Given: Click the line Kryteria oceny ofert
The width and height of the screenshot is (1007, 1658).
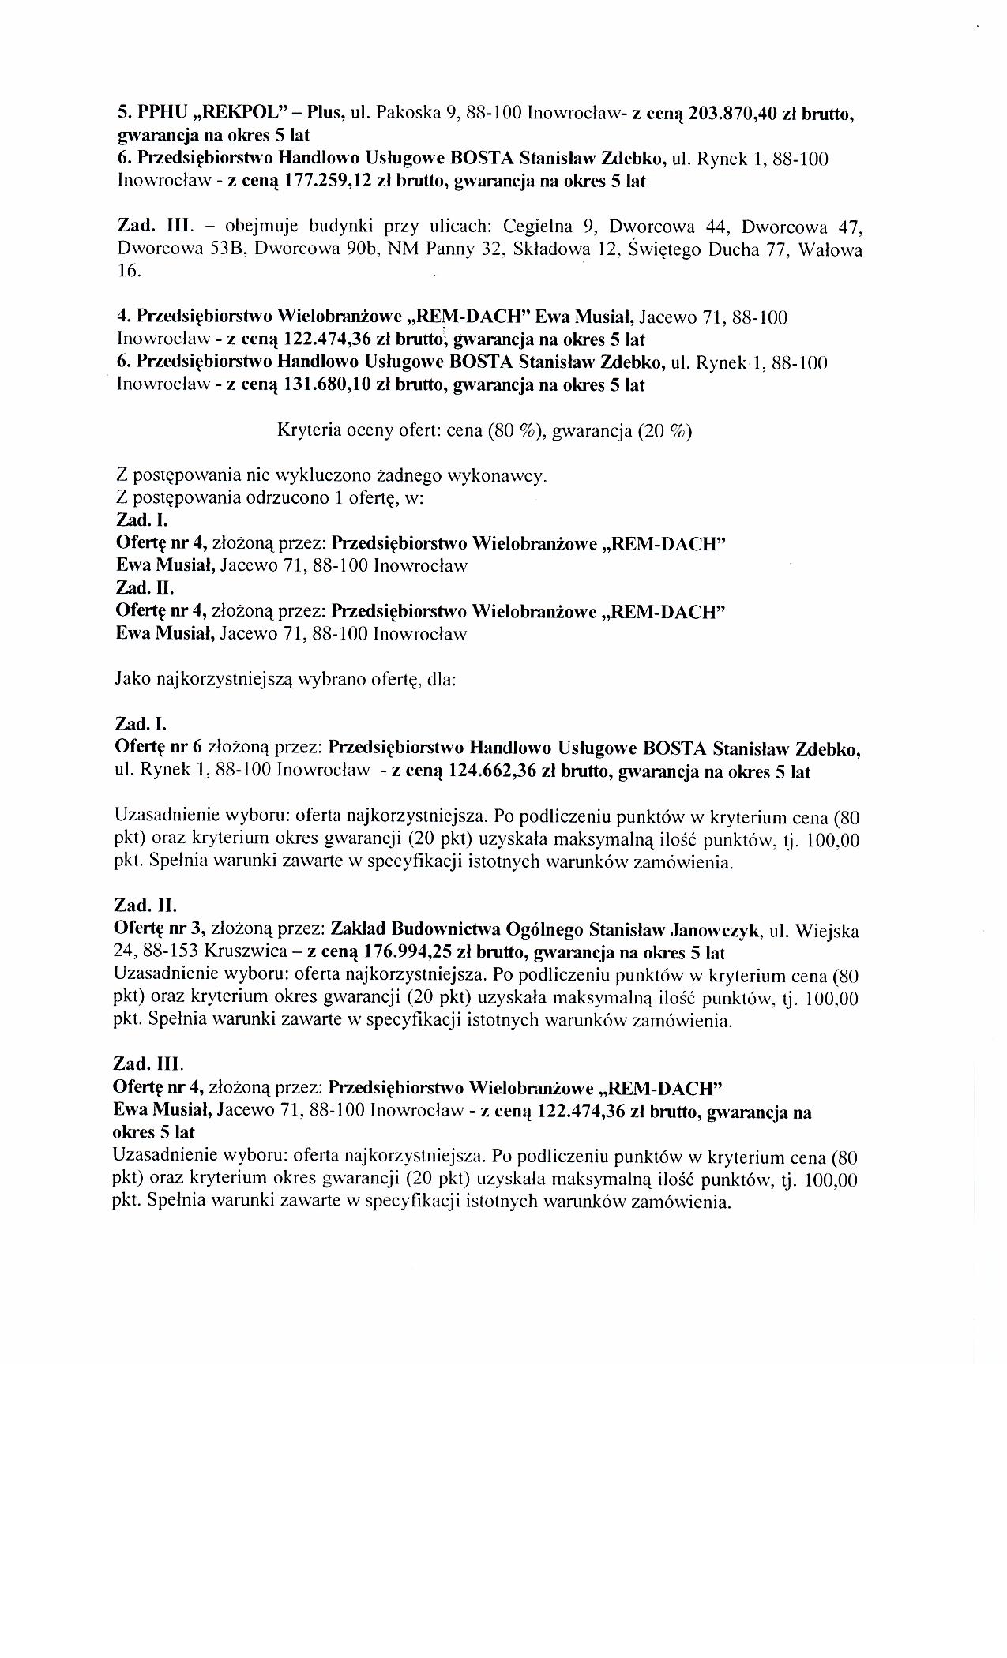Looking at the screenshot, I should [x=484, y=432].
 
